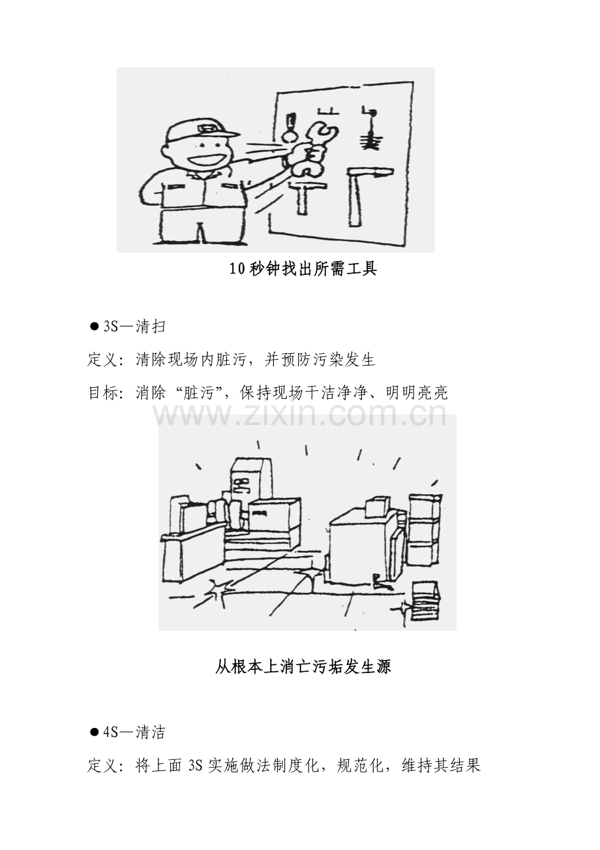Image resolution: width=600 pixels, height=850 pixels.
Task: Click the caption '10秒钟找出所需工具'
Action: pos(303,269)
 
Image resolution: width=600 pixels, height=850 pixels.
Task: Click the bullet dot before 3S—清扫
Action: pos(94,326)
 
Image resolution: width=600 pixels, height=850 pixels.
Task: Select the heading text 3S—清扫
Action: pos(134,326)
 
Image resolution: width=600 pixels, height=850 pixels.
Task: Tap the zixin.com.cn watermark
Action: pos(300,415)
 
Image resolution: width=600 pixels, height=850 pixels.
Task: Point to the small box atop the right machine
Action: pos(376,507)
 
